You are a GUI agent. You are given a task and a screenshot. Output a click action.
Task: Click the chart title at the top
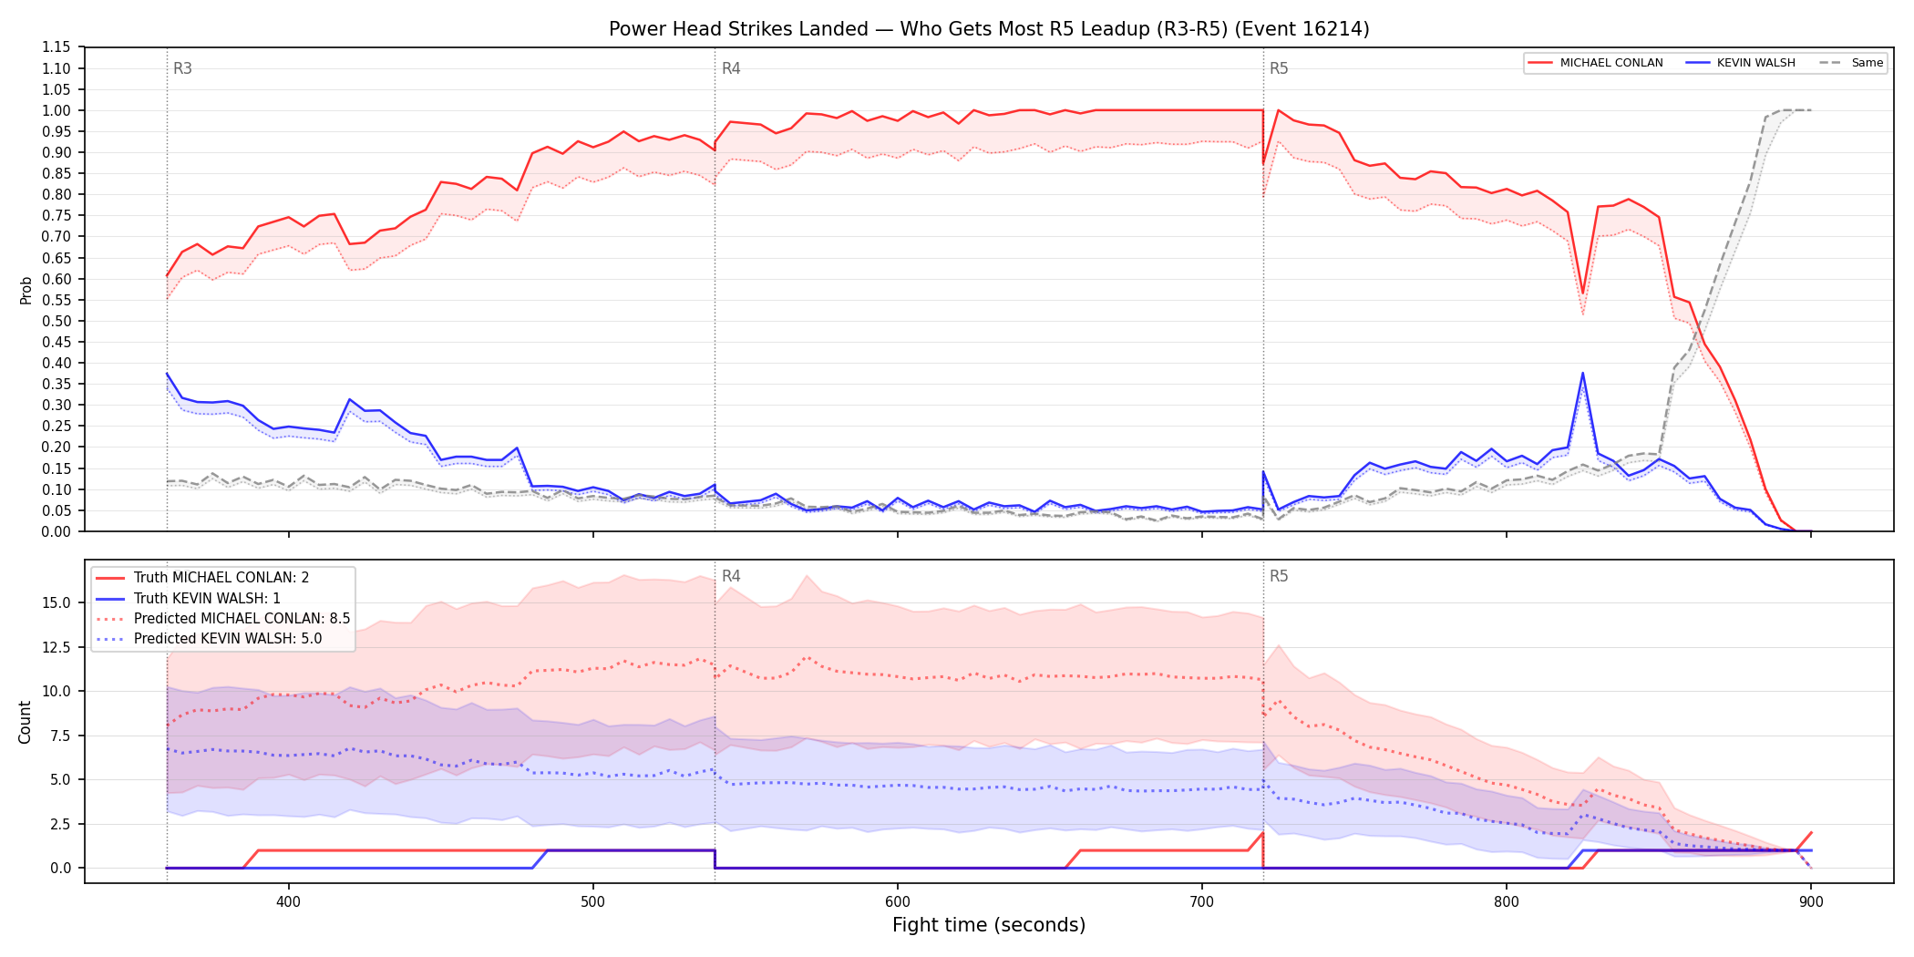989,29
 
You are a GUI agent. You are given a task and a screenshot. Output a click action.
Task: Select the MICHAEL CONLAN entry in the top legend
1596,63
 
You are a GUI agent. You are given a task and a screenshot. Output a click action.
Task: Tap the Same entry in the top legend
1851,63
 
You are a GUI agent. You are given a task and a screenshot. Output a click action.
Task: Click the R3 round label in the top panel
182,68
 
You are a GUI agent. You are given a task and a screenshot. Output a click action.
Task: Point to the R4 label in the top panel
731,68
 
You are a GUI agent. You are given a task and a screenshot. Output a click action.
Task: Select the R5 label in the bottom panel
1279,576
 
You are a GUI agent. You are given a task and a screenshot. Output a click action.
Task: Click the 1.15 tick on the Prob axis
57,47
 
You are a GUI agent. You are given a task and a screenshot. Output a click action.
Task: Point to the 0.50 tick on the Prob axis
57,321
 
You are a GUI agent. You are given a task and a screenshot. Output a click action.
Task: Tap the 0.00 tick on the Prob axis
57,531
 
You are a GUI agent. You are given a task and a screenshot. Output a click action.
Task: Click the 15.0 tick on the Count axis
57,602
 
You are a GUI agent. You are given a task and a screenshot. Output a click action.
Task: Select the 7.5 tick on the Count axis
60,736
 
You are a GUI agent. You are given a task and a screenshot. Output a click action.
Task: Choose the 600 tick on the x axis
898,902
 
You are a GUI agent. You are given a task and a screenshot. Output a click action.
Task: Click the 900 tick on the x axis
1811,902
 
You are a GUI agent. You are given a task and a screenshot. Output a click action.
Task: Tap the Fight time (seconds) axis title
989,925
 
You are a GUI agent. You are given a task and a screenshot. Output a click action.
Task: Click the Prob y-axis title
26,290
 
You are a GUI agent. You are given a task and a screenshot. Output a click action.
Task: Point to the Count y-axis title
25,722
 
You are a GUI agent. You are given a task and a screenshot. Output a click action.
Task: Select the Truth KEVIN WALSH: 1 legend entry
207,598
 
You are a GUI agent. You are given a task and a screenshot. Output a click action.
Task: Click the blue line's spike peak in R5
1582,373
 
